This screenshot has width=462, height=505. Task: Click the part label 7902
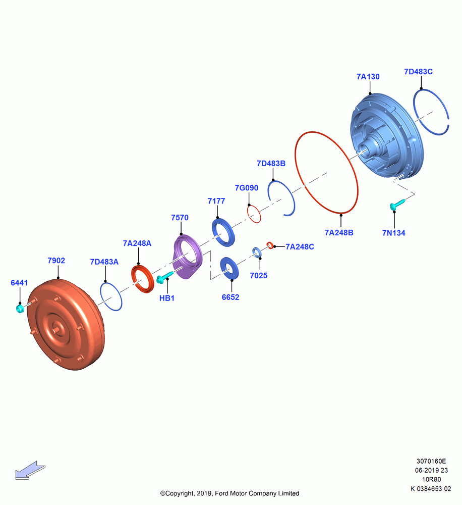tap(56, 260)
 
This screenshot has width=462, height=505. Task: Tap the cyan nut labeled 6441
tap(20, 309)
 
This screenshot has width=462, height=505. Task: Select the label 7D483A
tap(104, 262)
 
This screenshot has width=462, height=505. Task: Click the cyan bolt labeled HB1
tap(164, 277)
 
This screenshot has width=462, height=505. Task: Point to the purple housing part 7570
tap(188, 257)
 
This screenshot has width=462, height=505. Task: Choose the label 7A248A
tap(137, 243)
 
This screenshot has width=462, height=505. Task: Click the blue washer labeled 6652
tap(229, 268)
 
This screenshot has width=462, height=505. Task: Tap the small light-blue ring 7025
tap(257, 252)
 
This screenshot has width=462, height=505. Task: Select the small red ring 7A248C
tap(270, 245)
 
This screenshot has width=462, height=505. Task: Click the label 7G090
tap(247, 188)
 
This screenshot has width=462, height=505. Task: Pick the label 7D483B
tap(271, 163)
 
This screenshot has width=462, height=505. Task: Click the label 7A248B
tap(339, 232)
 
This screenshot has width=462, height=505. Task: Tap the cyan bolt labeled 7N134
tap(397, 204)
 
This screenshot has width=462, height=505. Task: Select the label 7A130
tap(368, 77)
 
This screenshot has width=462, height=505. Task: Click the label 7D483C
tap(418, 72)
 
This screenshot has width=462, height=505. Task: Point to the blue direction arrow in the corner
tap(30, 471)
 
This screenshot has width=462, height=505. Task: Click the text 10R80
tap(431, 479)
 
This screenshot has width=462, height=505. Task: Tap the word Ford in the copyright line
tap(222, 493)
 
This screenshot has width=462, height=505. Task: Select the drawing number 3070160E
tap(431, 461)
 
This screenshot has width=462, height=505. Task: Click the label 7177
tap(216, 201)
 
